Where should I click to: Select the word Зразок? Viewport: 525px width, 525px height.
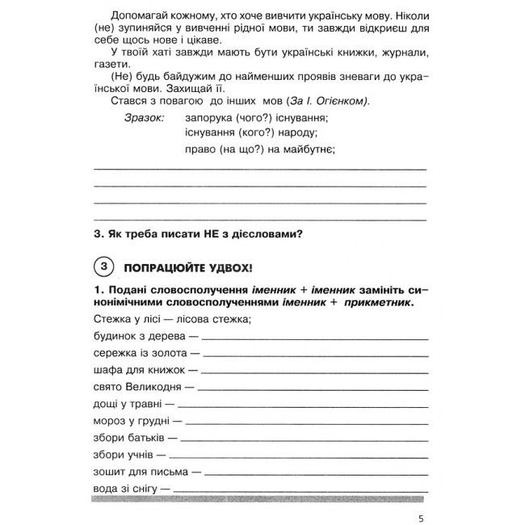pyautogui.click(x=145, y=118)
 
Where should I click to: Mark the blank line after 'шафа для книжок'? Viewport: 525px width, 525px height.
pyautogui.click(x=315, y=372)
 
